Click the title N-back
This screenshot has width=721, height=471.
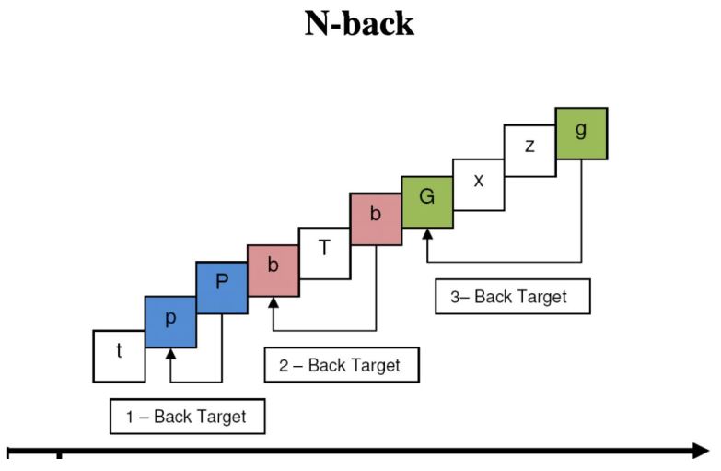click(x=359, y=25)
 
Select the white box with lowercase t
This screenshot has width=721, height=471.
click(x=119, y=356)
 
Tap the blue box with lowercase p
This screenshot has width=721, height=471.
click(x=170, y=321)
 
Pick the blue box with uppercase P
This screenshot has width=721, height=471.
click(x=222, y=287)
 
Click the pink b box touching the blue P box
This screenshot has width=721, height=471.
click(x=273, y=269)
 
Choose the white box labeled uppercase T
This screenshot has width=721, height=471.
click(x=324, y=252)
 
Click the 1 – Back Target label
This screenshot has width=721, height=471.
click(x=187, y=417)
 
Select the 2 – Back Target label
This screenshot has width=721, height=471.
click(x=341, y=365)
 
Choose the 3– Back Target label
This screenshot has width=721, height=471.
click(x=512, y=297)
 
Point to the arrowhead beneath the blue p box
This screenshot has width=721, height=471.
click(x=170, y=352)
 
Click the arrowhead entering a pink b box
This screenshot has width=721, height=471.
click(x=273, y=301)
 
